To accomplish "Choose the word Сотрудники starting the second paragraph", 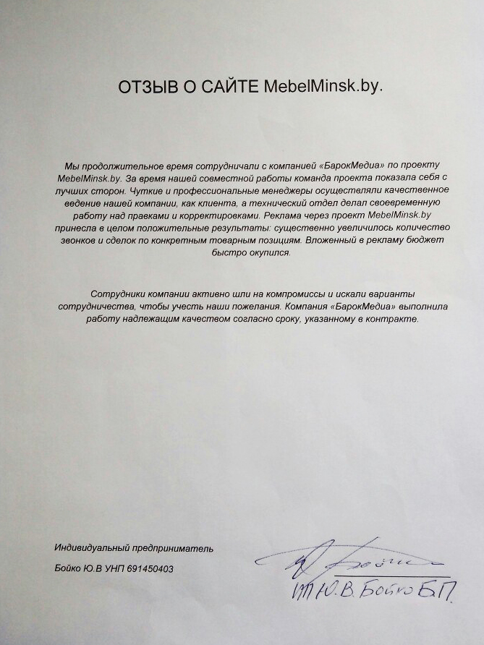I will point(119,294).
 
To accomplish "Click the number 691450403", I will point(148,569).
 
